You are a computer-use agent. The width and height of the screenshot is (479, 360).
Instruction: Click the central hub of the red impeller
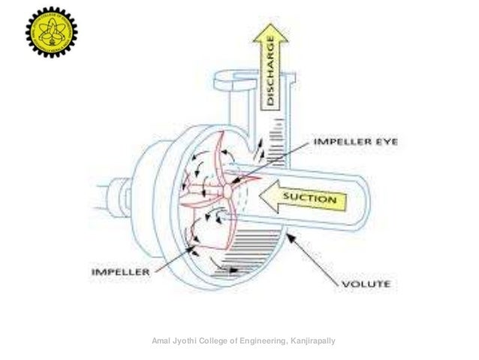[x=227, y=190]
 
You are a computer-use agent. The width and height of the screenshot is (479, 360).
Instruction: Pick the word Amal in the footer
[x=161, y=343]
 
